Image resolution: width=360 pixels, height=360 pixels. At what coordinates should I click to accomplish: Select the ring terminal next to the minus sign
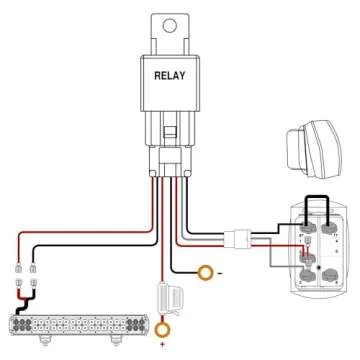(206, 271)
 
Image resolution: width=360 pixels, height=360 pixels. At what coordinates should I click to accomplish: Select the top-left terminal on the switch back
(307, 229)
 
